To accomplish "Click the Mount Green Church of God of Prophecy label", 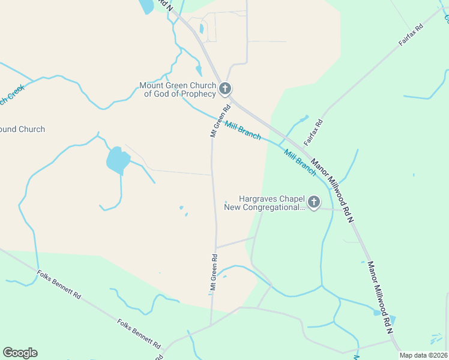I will click(178, 90).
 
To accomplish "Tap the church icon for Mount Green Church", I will click(224, 89).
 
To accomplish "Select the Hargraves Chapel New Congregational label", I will click(264, 203).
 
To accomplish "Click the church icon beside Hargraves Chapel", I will click(313, 203).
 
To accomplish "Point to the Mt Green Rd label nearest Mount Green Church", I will click(220, 122).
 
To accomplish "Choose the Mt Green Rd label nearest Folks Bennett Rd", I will click(214, 274).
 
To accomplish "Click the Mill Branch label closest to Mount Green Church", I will click(243, 131).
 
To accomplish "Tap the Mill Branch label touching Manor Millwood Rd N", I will click(300, 162).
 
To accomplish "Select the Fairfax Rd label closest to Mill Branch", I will click(313, 132).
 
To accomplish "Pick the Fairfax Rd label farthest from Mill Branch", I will click(411, 37).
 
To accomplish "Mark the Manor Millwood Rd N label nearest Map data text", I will click(380, 297).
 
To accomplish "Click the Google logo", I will click(20, 353).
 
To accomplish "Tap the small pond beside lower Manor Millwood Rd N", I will click(377, 313).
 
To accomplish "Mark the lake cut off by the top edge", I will click(146, 6).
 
